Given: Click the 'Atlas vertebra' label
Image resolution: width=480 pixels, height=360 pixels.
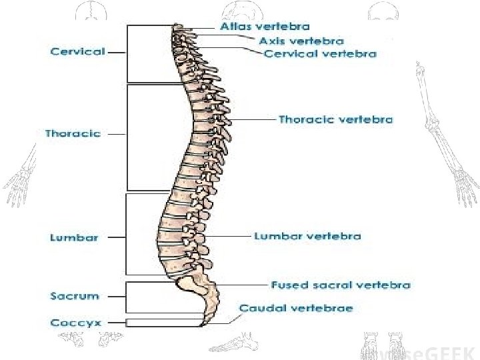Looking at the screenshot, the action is [x=265, y=27].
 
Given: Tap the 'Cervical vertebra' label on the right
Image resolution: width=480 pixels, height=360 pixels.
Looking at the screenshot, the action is [x=320, y=53].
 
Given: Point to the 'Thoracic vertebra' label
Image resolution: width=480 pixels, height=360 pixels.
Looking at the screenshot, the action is [x=335, y=120].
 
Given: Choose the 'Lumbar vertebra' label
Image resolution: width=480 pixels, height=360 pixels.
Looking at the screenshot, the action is [x=307, y=236].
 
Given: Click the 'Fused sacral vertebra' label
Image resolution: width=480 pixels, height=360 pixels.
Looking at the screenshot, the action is [x=341, y=285].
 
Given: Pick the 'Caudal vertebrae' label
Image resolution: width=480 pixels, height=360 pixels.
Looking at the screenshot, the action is [x=297, y=308].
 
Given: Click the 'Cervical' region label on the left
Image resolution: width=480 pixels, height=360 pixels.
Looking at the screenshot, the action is [x=77, y=52].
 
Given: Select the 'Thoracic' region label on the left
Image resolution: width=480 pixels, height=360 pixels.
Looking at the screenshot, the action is [x=73, y=133].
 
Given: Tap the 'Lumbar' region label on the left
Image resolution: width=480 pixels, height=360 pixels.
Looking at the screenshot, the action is [x=74, y=237].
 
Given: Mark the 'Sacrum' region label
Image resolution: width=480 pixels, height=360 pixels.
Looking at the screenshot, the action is [x=75, y=295].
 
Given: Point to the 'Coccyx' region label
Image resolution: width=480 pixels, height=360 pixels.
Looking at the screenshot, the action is [x=75, y=323].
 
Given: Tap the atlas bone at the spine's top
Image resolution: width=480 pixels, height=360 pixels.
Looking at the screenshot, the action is [x=179, y=27].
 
